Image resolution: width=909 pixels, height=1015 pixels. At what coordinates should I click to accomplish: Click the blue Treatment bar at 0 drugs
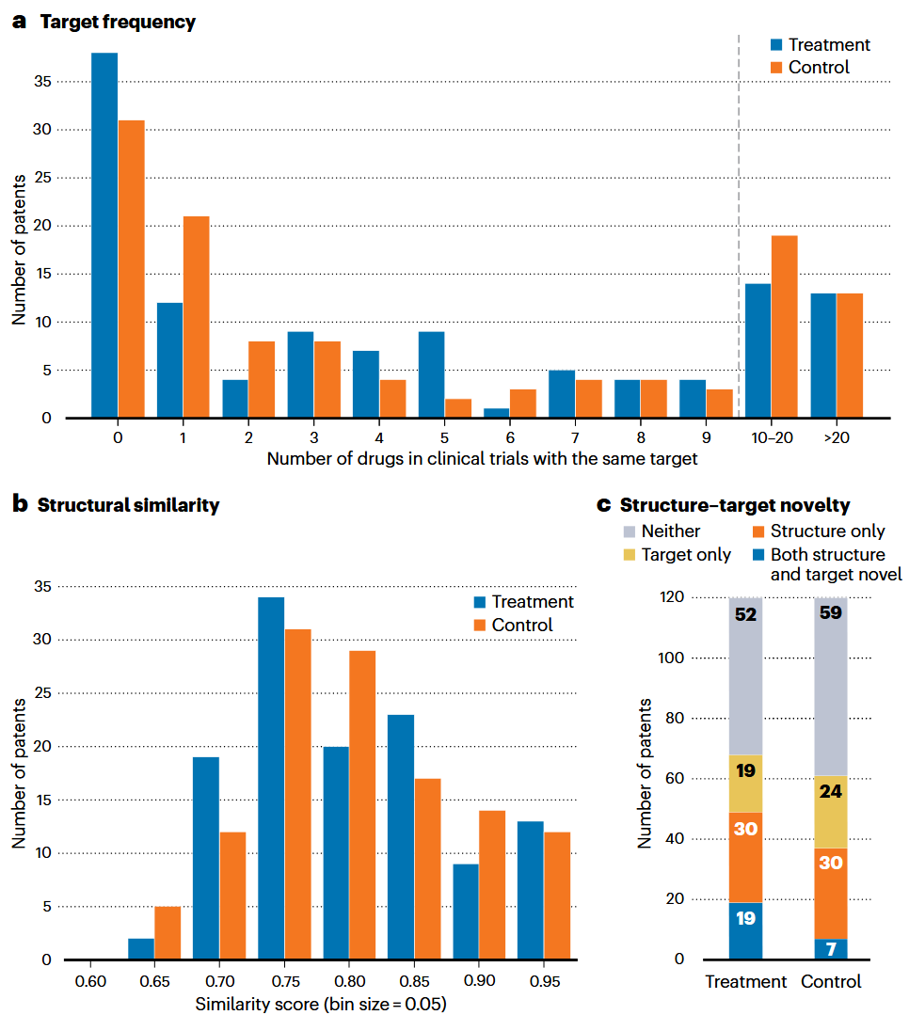point(104,235)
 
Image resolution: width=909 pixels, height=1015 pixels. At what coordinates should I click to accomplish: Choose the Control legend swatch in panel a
point(776,68)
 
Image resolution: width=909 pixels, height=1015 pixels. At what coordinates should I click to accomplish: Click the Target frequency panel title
point(118,23)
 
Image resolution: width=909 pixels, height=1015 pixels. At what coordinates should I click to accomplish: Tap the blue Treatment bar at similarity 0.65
point(141,949)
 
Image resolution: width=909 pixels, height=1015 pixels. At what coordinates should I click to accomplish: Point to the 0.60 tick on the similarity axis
point(90,981)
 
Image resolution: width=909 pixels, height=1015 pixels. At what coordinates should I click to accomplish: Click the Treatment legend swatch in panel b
point(479,602)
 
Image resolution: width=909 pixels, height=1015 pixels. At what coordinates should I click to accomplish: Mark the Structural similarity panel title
point(128,505)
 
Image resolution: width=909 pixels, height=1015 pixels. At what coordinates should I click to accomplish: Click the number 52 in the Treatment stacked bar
point(745,614)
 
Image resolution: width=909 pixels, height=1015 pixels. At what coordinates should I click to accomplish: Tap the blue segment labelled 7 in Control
point(831,949)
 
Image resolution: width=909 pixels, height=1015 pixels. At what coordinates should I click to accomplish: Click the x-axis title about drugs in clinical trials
point(483,459)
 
